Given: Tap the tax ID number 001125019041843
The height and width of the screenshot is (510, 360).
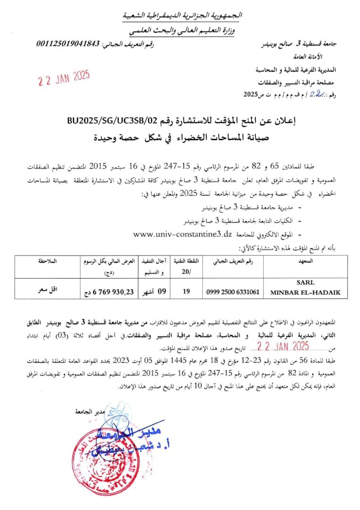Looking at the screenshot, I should pos(68,44).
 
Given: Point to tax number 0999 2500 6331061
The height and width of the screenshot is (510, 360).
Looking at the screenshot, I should pos(233,292).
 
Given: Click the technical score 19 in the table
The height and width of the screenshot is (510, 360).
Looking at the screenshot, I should pos(186,292).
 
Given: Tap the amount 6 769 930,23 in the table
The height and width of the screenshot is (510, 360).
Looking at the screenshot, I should pos(109,292).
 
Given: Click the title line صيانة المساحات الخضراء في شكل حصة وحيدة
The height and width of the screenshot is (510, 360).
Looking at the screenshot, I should pos(179,138).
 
